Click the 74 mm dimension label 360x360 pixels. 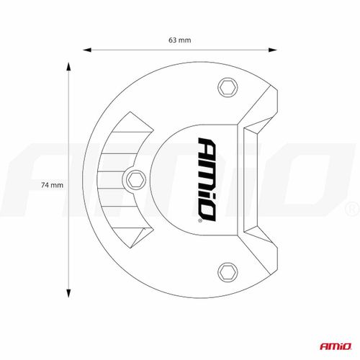click(x=53, y=185)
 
